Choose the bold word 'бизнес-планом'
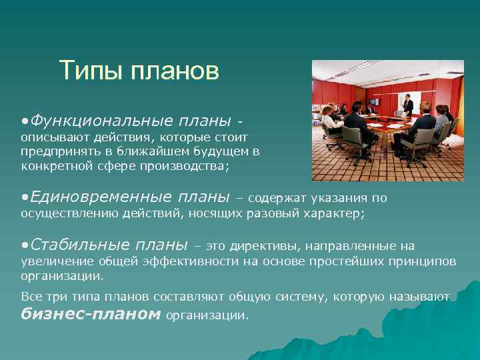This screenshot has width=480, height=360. (x=91, y=313)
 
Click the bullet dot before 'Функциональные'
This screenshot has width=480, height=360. (x=25, y=123)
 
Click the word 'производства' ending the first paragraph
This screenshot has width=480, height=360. (x=189, y=167)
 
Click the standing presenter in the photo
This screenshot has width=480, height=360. (x=407, y=105)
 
